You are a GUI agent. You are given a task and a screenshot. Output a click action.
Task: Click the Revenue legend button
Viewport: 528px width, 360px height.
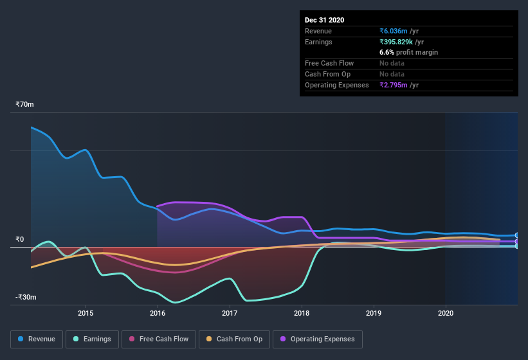coord(37,339)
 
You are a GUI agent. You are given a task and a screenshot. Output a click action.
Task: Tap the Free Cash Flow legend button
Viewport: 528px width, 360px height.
coord(158,339)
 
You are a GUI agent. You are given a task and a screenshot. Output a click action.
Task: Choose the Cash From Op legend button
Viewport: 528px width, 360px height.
coord(235,339)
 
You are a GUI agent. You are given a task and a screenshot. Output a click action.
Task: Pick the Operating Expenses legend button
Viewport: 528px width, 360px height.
coord(318,339)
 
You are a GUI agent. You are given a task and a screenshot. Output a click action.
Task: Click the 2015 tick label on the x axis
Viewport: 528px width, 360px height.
coord(86,313)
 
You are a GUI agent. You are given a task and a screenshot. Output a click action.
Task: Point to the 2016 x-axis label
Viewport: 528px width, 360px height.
coord(158,313)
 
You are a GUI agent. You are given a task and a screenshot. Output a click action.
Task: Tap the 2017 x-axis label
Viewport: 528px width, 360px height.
coord(230,313)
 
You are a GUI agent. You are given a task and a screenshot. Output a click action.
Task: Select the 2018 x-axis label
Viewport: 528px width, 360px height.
coord(302,313)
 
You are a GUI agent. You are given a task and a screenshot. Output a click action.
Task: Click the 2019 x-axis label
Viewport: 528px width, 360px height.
coord(374,313)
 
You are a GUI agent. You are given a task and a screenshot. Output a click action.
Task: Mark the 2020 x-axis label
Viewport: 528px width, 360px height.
coord(445,313)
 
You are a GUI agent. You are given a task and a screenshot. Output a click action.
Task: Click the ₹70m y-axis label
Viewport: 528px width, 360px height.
coord(25,104)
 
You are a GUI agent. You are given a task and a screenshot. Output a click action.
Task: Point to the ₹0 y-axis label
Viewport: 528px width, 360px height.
coord(21,239)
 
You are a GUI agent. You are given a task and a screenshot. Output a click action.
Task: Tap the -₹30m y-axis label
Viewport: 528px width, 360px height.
coord(26,297)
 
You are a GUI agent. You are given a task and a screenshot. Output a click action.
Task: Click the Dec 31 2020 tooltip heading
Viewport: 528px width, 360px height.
coord(325,20)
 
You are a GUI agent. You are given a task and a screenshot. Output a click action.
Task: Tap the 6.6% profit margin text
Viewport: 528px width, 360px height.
coord(408,52)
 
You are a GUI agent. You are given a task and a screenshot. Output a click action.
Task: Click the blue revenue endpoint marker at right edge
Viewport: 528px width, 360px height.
coord(517,235)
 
